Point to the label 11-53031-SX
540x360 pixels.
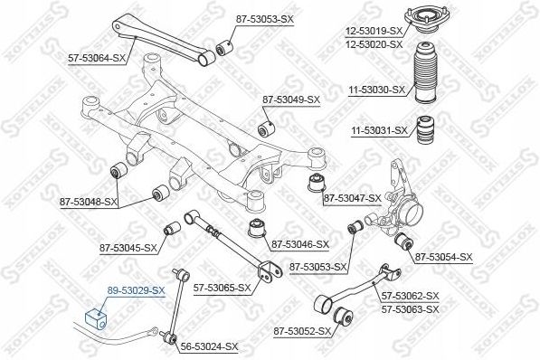click(x=378, y=131)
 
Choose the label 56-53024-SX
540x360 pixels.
click(x=209, y=346)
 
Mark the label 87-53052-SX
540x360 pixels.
click(x=300, y=331)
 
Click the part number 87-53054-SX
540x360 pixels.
click(x=443, y=258)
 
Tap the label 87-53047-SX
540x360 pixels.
click(x=354, y=197)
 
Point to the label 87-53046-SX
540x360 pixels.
click(x=299, y=244)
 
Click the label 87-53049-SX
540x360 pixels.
click(x=291, y=99)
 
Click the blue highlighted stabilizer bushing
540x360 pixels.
click(x=96, y=318)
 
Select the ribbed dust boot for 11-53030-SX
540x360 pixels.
click(x=425, y=81)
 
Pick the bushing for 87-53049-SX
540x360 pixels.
click(x=268, y=126)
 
